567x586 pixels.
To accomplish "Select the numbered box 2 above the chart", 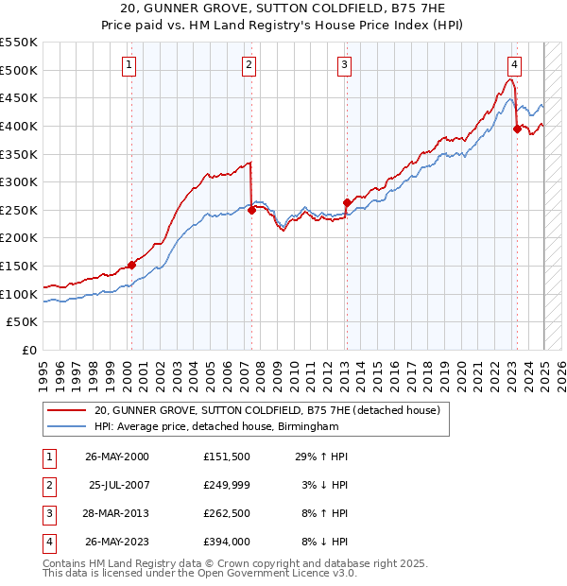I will point(249,65).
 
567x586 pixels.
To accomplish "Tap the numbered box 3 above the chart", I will point(345,65).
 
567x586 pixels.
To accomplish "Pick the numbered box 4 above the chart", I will point(515,65).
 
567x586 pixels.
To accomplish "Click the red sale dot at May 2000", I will point(131,266).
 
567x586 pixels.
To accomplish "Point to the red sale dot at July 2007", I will point(251,211).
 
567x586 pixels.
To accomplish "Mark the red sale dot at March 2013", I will point(347,202).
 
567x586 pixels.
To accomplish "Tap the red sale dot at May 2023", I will point(517,129).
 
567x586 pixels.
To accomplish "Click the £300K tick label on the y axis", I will point(19,181).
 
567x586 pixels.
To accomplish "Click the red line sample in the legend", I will point(65,411).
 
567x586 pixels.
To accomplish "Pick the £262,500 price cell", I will point(227,514).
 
